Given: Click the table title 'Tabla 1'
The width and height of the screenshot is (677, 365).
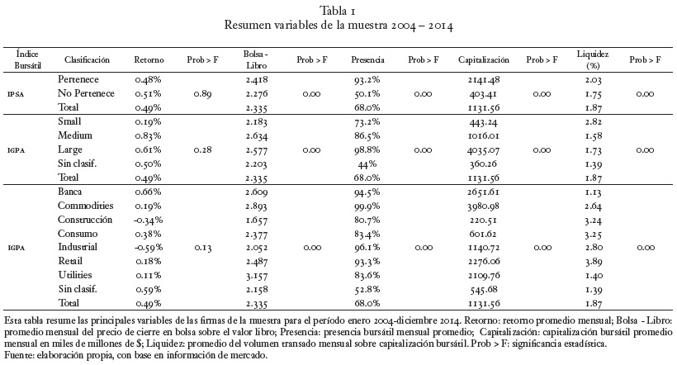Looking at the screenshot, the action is tap(338, 11).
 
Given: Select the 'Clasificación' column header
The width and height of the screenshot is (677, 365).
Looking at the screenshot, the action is tap(87, 60).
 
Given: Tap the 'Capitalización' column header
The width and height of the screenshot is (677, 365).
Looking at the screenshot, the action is tap(484, 60).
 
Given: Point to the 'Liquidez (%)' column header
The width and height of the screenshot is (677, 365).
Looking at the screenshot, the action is tap(593, 59).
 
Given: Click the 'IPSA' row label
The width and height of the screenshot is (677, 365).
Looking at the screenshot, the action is tap(16, 94).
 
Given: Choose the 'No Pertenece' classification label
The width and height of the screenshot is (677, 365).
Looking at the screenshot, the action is tap(86, 93).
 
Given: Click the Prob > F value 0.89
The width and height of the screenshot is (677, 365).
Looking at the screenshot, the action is tap(202, 94).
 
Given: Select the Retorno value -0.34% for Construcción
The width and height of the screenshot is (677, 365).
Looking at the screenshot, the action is tap(148, 220).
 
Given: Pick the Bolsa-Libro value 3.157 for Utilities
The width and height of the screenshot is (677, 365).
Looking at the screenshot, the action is tap(257, 276).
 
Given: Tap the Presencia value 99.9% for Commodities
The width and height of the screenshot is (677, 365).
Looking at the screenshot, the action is tap(367, 206).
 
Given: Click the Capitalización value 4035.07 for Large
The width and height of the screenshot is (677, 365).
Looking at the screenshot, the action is tap(484, 150).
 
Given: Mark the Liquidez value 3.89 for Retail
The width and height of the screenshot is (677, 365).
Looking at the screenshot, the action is tap(594, 262).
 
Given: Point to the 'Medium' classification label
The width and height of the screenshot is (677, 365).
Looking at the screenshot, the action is tap(75, 135).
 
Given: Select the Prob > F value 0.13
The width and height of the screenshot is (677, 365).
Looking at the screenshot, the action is tap(202, 248).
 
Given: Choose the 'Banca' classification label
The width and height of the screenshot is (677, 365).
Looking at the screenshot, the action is tap(70, 192).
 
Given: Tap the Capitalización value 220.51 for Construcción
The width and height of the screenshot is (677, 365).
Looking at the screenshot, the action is tap(484, 220).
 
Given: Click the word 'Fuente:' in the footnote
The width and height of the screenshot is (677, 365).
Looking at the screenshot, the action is tap(18, 356).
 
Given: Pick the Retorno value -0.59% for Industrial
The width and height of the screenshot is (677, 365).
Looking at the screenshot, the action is tap(148, 248).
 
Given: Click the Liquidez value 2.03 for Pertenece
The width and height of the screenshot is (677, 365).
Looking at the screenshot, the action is tap(594, 80).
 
